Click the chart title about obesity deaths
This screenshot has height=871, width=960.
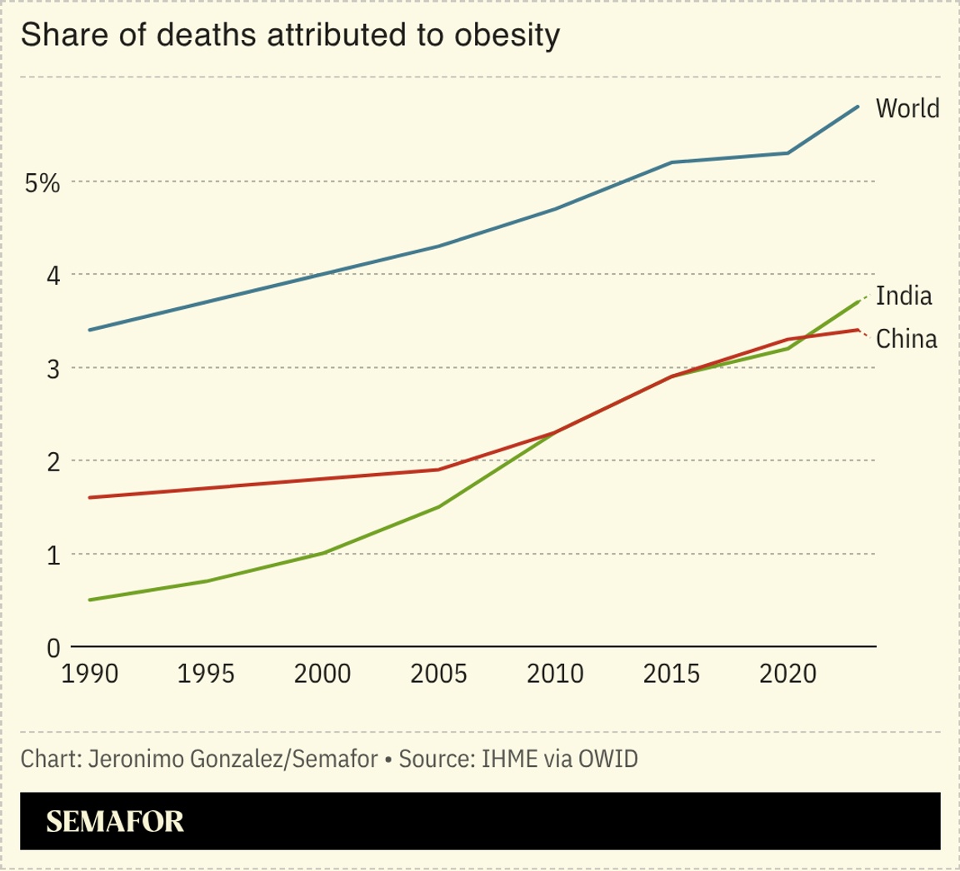click(x=288, y=36)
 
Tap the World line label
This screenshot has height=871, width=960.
click(x=907, y=108)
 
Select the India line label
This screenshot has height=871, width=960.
click(x=904, y=296)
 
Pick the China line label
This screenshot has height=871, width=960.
click(x=907, y=339)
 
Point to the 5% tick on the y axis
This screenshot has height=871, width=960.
click(x=42, y=182)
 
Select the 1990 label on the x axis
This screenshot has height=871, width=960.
click(x=90, y=673)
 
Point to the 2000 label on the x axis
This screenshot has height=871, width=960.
click(x=322, y=673)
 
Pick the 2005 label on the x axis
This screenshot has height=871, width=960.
click(x=439, y=673)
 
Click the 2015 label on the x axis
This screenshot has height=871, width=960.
click(x=672, y=673)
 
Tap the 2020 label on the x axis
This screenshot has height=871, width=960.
click(x=787, y=673)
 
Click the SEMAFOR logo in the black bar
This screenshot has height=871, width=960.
click(x=115, y=822)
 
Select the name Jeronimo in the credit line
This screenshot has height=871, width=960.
click(x=132, y=759)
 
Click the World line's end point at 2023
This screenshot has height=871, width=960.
click(x=858, y=107)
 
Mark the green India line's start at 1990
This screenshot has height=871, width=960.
click(x=89, y=600)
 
